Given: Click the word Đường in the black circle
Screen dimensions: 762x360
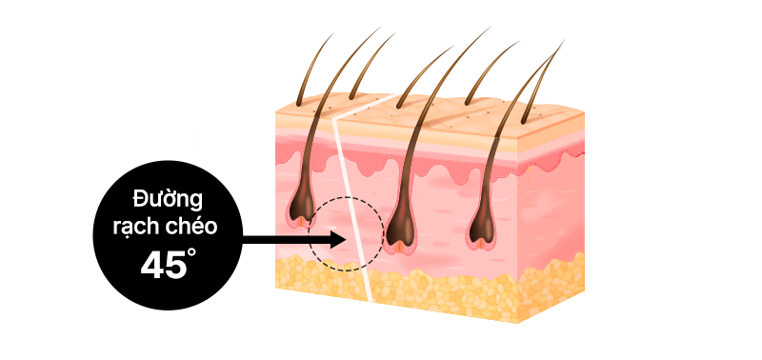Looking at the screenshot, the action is (x=167, y=200).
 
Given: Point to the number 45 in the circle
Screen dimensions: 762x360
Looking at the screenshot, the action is (x=163, y=266).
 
